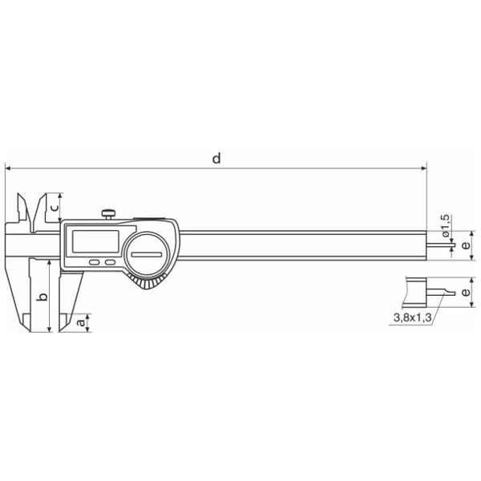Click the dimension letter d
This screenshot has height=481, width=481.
[216, 159]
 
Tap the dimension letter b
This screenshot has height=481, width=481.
[44, 297]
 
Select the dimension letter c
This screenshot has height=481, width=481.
[55, 208]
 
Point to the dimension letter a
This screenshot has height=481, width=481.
[80, 323]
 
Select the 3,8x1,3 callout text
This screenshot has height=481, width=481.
[412, 317]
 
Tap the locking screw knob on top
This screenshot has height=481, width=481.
[108, 213]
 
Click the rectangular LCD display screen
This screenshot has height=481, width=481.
[95, 241]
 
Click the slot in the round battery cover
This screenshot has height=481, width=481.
[147, 254]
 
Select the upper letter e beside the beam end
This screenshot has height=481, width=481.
[465, 245]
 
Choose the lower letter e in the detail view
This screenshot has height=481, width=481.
[465, 292]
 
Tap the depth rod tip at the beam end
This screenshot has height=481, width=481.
[454, 245]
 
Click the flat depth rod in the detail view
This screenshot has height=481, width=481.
[441, 293]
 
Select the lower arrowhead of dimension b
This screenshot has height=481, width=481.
[49, 329]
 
